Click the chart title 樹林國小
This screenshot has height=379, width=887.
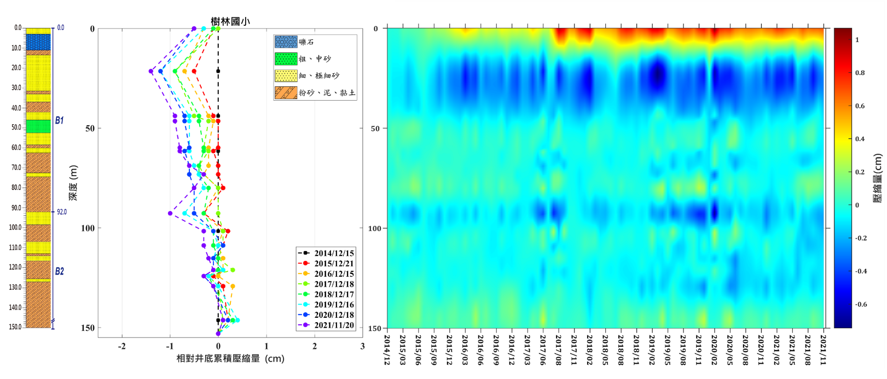(230, 21)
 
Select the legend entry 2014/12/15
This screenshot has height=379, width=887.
(334, 253)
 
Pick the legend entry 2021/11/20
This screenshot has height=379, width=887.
(334, 325)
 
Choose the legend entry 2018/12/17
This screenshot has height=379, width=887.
(334, 295)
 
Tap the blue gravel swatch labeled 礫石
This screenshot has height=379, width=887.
(286, 42)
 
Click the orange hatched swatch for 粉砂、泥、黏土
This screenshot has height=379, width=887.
(286, 92)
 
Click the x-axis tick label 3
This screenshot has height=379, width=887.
(362, 346)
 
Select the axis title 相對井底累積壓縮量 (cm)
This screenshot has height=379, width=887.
(230, 359)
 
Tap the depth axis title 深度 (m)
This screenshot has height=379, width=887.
(73, 183)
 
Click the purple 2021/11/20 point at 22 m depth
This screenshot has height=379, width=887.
(151, 71)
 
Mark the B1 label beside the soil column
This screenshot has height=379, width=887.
(59, 120)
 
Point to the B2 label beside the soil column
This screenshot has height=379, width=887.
(59, 271)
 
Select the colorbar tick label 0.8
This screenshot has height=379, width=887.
(860, 73)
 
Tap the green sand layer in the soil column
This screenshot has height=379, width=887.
(38, 126)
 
